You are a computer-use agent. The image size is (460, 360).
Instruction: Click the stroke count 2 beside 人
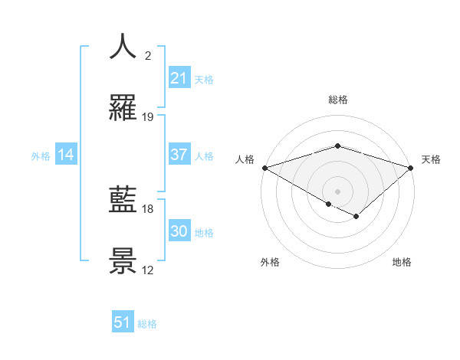click(148, 56)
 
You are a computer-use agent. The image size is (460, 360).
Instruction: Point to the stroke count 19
click(148, 117)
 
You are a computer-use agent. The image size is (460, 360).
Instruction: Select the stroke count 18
click(148, 208)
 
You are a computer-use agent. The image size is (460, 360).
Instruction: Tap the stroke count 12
click(148, 270)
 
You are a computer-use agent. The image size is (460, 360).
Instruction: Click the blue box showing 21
click(179, 78)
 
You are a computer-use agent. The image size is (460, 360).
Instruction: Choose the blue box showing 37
click(179, 155)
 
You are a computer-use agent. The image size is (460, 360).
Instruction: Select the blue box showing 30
click(179, 231)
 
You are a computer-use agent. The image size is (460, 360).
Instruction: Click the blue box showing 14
click(66, 155)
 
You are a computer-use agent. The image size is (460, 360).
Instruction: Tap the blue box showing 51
click(123, 322)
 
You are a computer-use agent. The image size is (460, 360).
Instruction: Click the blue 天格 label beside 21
click(204, 80)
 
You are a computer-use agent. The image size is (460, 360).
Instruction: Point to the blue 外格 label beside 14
click(41, 156)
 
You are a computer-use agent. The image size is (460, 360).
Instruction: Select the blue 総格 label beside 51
click(147, 324)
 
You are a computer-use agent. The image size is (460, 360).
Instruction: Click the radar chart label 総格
click(337, 100)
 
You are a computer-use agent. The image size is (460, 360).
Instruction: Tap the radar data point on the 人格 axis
click(264, 168)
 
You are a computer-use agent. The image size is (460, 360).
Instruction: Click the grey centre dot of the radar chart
click(337, 191)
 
